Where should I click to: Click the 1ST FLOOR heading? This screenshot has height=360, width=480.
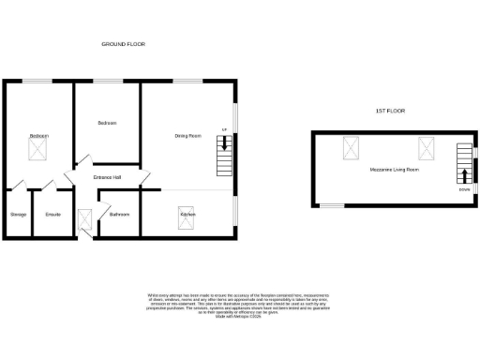click(388, 112)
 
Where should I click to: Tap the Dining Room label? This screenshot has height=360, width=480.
click(188, 137)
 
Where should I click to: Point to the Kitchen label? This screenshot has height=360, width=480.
click(187, 215)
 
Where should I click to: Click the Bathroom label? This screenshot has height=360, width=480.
click(119, 215)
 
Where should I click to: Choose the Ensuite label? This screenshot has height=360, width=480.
click(53, 215)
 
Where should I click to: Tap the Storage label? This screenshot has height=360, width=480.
click(18, 215)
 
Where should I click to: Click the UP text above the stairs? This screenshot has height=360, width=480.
click(224, 129)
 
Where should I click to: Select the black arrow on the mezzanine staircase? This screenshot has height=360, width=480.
click(465, 174)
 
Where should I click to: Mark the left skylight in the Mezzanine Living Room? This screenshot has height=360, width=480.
click(353, 147)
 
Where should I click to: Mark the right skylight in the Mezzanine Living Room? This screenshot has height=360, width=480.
click(427, 147)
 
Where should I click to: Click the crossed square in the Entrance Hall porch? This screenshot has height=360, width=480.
click(85, 221)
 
